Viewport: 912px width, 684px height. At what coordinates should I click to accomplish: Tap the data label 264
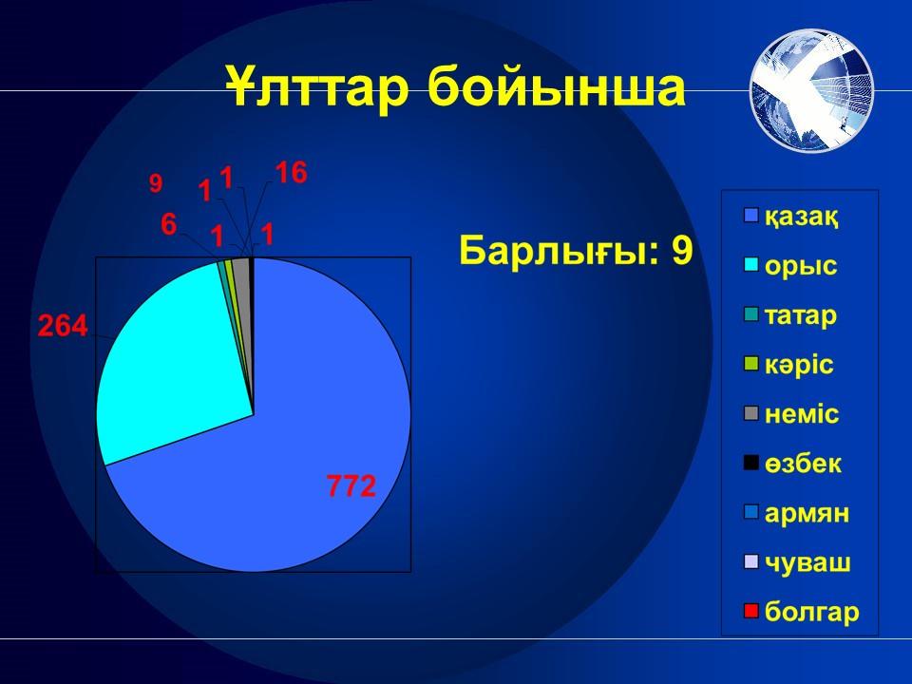pos(63,326)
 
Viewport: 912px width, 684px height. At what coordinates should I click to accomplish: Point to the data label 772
pos(351,486)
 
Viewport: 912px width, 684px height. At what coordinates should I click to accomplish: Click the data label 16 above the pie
pos(291,172)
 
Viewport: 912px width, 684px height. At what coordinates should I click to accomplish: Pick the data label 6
pos(169,224)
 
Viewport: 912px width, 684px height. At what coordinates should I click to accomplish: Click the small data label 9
pos(156,183)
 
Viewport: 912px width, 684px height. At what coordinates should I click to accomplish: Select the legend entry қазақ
pos(791,217)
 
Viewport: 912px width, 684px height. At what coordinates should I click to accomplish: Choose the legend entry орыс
pos(790,266)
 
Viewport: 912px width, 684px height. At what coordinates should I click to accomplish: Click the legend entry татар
pos(790,315)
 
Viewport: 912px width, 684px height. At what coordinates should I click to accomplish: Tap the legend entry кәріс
pos(788,365)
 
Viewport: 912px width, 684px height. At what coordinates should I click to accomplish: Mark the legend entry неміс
pos(791,414)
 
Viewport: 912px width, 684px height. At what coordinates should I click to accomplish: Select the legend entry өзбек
pos(792,464)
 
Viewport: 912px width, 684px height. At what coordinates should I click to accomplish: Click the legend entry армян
pos(797,513)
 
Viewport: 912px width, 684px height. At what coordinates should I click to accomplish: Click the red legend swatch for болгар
pos(751,611)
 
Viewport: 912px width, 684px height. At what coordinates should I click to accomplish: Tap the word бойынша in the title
pos(557,87)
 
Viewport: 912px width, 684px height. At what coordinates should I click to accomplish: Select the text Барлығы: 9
pos(576,251)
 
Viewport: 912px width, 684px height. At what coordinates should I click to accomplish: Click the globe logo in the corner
pos(811,89)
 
